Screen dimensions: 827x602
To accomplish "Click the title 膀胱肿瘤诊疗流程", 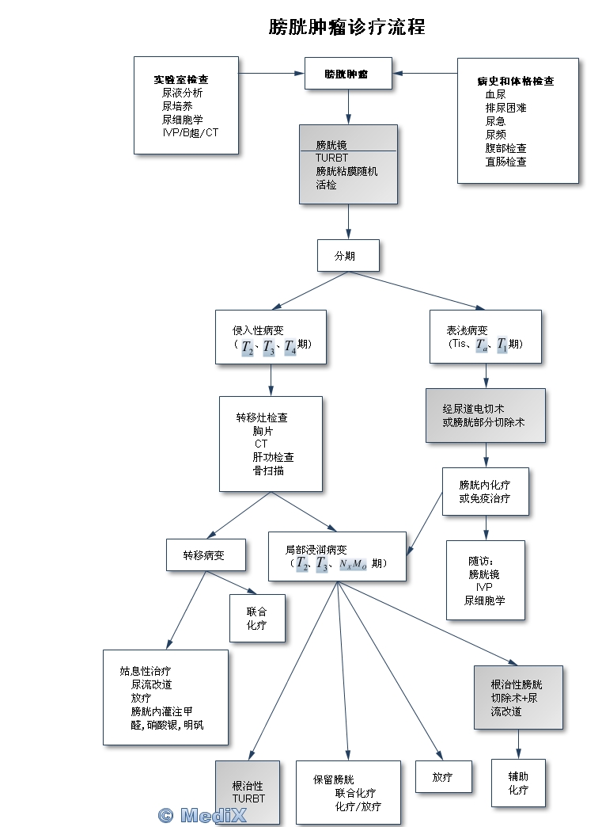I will [346, 28].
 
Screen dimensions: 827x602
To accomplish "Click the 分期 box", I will [347, 256].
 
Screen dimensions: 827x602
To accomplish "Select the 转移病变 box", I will [205, 555].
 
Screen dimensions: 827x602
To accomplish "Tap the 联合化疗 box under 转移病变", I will [256, 619].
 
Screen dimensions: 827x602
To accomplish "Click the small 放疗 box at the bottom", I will [444, 777].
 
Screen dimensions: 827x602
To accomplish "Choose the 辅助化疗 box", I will [518, 783].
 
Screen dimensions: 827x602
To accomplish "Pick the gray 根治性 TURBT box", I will [248, 792].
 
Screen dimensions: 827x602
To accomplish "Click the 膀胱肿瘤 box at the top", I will [347, 74].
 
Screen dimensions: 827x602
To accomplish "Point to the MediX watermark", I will [202, 815].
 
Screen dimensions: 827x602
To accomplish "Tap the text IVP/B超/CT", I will [190, 132].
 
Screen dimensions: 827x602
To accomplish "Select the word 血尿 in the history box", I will [495, 94].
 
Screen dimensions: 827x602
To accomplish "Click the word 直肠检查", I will [505, 162].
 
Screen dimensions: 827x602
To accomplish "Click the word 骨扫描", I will [268, 471].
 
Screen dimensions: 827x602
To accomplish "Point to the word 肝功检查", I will [274, 457].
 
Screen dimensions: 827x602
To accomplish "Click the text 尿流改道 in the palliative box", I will [152, 684].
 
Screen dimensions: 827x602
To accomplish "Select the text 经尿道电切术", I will [474, 409].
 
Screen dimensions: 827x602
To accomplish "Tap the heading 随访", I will [480, 561].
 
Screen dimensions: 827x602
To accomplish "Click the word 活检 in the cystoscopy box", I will [326, 185].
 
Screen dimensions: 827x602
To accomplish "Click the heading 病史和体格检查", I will [516, 82].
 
